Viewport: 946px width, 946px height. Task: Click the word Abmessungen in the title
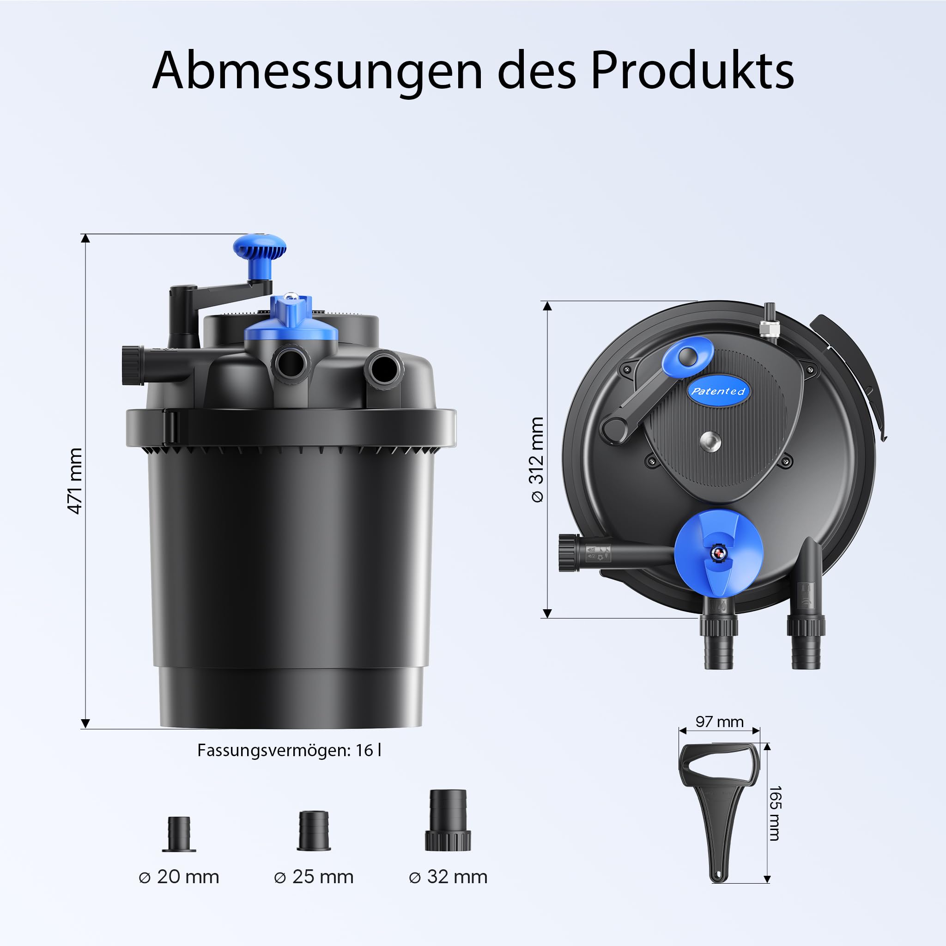317,71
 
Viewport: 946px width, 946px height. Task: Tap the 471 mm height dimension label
74,481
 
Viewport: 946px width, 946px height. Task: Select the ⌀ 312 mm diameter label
537,459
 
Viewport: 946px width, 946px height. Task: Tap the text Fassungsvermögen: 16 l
289,751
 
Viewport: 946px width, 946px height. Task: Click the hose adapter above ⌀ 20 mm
179,834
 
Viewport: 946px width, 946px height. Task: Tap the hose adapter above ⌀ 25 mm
314,831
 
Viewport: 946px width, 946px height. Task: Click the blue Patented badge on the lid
718,391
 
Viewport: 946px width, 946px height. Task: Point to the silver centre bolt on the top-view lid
710,441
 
